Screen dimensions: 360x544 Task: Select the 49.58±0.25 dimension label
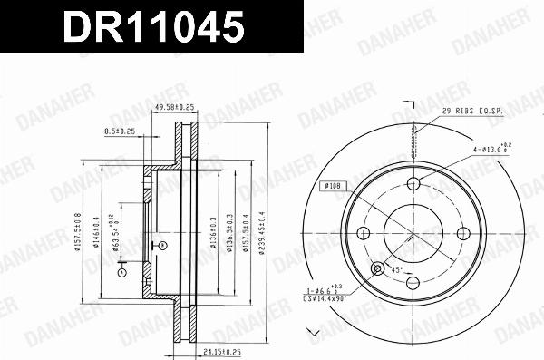click(175, 108)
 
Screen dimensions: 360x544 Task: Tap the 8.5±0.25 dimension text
click(120, 131)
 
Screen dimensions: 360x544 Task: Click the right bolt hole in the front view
click(462, 233)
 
